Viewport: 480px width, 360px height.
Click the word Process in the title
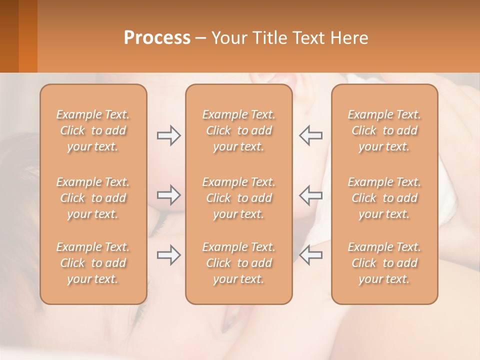tap(157, 38)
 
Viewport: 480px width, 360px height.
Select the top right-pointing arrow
tap(168, 135)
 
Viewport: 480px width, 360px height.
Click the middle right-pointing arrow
tap(168, 195)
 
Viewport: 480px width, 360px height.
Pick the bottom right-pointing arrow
tap(168, 255)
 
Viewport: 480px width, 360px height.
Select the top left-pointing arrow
tap(311, 135)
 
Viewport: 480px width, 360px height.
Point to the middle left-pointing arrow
tap(311, 195)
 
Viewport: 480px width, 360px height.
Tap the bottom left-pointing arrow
tap(311, 255)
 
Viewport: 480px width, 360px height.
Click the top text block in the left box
tap(93, 130)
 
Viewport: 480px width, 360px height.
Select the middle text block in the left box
tap(93, 198)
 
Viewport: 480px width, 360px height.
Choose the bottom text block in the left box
tap(93, 263)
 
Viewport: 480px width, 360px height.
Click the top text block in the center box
tap(238, 130)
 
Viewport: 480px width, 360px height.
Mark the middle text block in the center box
tap(238, 198)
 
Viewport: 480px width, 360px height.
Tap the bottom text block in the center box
tap(238, 263)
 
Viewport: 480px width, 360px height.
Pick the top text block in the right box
tap(384, 130)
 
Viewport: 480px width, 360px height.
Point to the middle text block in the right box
tap(384, 198)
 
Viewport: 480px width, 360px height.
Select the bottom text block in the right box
tap(384, 263)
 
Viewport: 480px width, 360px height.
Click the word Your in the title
tap(228, 38)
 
